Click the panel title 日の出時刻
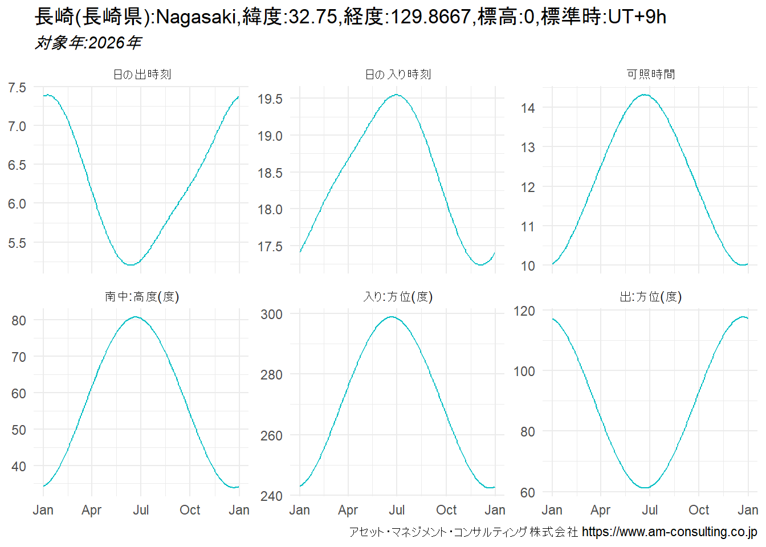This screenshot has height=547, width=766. coord(142,75)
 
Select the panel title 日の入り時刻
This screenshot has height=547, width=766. coord(398,75)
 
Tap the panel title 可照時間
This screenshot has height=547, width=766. coord(650,75)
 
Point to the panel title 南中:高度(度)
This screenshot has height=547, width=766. coord(142,297)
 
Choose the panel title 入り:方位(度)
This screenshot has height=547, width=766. coord(398,297)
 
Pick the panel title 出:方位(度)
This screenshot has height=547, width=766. coord(650,297)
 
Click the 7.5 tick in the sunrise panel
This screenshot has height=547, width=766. coord(17,88)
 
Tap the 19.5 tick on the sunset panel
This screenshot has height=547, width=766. coord(270,99)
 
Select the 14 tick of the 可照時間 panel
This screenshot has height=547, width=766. coord(528,108)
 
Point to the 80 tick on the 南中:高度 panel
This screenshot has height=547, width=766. coord(19,321)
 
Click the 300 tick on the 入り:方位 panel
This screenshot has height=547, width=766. coord(271,315)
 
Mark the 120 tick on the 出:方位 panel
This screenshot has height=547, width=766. coord(524,311)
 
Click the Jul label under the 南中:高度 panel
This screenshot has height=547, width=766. coord(141,510)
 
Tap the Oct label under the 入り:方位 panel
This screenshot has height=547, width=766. coord(446,510)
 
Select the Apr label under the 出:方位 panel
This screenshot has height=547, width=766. coord(601,510)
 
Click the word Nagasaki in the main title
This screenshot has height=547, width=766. coord(195,17)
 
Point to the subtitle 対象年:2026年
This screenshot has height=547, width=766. coord(88,43)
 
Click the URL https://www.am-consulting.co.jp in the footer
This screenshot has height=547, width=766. coord(669,532)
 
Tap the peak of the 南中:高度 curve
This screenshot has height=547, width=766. coord(135,317)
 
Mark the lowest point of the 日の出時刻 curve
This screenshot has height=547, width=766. coord(131,264)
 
